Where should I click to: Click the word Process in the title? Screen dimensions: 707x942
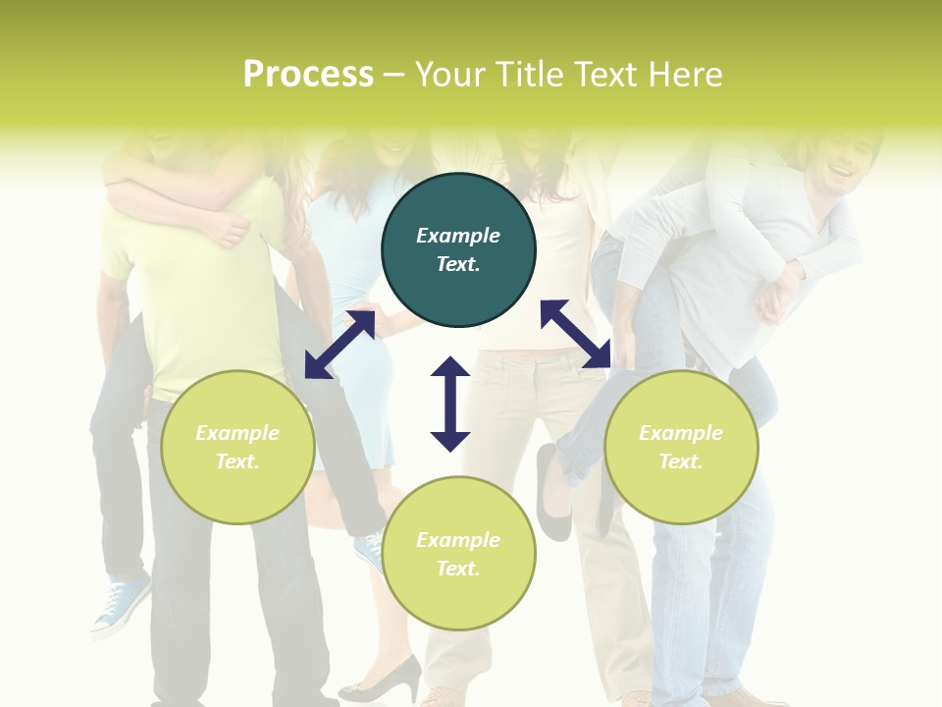point(308,74)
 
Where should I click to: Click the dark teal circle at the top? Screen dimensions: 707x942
point(458,249)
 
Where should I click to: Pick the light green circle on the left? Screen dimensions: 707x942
point(237,447)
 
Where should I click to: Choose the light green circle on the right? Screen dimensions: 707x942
point(681,447)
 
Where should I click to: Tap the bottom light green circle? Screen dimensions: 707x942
point(458,553)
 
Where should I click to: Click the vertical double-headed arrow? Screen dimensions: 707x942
point(450,404)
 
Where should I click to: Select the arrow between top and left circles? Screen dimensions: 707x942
point(340,344)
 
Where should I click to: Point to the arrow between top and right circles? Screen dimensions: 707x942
point(576,334)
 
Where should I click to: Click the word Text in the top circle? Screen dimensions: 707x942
point(457,264)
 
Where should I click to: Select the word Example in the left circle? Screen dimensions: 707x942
point(237,433)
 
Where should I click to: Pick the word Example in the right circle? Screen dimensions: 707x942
point(681,433)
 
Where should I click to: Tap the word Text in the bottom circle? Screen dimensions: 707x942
point(457,569)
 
